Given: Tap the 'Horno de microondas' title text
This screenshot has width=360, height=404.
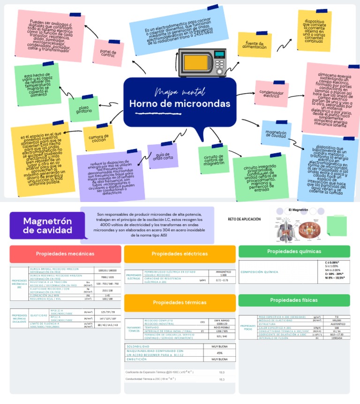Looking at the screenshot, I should (180, 103).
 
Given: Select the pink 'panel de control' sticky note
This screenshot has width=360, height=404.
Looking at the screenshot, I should (109, 53).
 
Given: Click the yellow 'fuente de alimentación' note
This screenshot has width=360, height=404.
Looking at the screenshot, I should (255, 45).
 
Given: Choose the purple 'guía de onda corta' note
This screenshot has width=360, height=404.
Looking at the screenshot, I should (163, 156).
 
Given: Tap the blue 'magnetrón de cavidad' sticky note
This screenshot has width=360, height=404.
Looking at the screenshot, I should (276, 134).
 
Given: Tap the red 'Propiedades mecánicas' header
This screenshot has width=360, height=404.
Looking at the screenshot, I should (65, 254).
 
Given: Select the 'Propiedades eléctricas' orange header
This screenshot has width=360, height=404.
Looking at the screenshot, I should (180, 254).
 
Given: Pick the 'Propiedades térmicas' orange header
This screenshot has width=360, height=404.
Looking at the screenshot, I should (180, 302).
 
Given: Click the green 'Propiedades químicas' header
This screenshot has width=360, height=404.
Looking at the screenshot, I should (294, 252).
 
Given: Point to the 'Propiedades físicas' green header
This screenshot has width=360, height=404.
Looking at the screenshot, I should (294, 300).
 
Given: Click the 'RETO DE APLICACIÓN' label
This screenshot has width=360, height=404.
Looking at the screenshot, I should (244, 219).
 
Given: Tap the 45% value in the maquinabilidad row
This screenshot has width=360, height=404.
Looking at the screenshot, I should (219, 353).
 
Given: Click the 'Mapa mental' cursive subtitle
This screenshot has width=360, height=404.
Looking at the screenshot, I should (173, 90).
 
